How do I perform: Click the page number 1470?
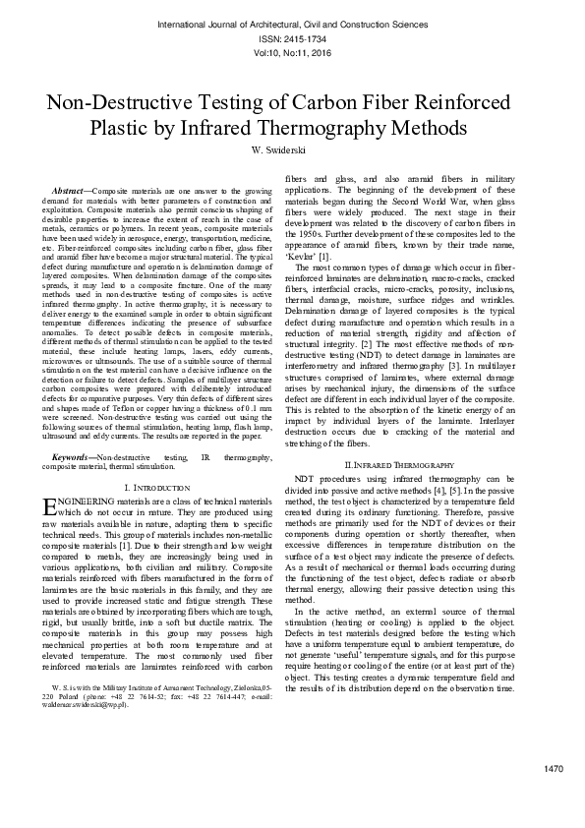click(553, 768)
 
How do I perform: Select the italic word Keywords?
click(72, 458)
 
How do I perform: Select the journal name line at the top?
click(292, 21)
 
